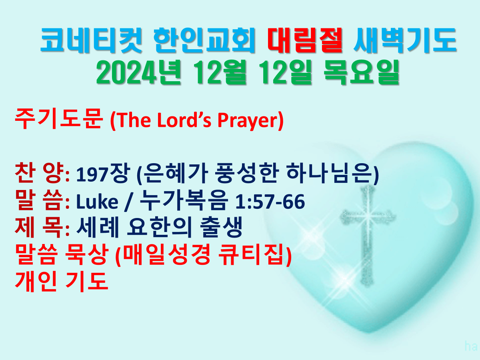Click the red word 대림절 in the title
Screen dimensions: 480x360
click(x=305, y=40)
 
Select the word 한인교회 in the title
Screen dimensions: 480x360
click(x=204, y=40)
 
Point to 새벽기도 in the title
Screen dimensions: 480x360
click(x=405, y=40)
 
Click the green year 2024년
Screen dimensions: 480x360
click(x=139, y=72)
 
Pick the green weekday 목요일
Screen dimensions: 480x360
click(x=362, y=72)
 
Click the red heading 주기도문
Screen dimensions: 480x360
click(x=59, y=119)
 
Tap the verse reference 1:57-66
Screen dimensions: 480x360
click(x=270, y=202)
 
